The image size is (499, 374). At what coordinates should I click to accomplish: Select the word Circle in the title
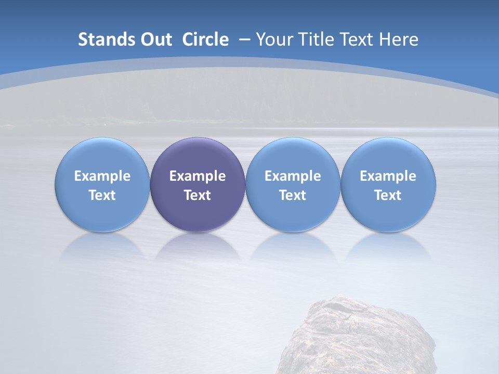205,39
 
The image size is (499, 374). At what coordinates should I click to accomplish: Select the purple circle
198,184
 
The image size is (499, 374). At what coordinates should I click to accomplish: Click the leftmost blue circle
102,184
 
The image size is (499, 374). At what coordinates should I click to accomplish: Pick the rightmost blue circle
388,184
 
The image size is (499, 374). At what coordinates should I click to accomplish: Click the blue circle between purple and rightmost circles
293,184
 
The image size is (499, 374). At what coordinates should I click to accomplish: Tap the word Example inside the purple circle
198,176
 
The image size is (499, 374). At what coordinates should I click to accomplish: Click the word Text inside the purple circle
198,195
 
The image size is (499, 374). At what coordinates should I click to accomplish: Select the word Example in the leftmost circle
102,176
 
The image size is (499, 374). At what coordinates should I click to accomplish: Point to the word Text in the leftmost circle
102,195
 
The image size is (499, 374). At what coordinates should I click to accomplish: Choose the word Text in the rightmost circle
388,195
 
